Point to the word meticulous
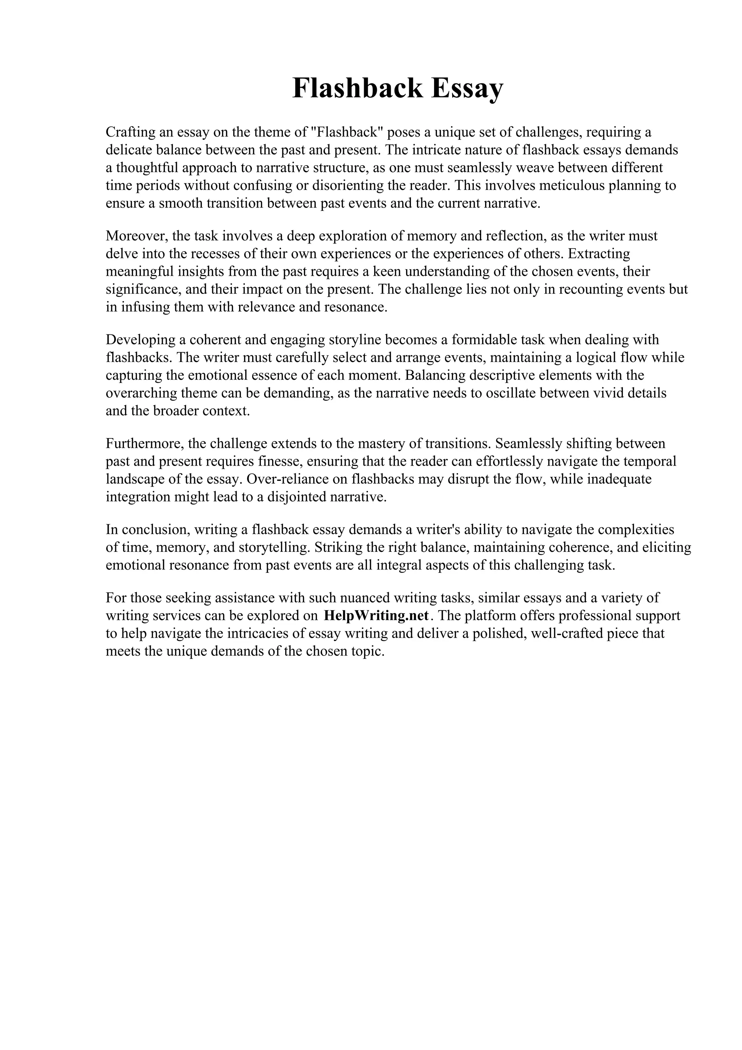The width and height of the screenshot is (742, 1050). (x=575, y=186)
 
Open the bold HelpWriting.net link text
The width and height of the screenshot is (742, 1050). (x=376, y=616)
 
